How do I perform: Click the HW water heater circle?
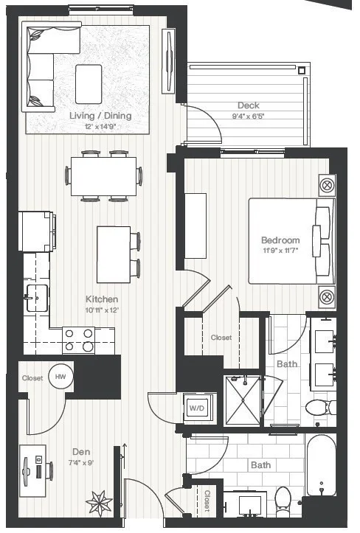[x=60, y=377]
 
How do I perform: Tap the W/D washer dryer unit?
[x=196, y=408]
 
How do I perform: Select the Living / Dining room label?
[x=100, y=116]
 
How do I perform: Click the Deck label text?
[x=249, y=105]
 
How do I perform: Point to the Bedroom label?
[x=280, y=240]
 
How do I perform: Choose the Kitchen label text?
[x=102, y=299]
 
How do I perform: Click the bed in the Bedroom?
[x=288, y=240]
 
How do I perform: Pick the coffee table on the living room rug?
[x=89, y=84]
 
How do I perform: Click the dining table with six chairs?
[x=103, y=175]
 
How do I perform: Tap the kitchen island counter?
[x=113, y=254]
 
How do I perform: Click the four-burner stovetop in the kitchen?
[x=79, y=340]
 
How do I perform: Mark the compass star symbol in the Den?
[x=100, y=504]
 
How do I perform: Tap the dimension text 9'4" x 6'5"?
[x=248, y=116]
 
